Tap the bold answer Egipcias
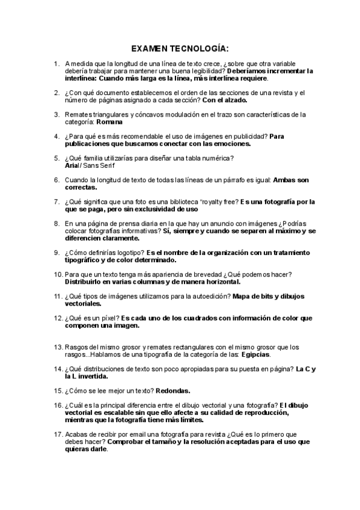click(x=250, y=354)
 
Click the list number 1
click(x=56, y=63)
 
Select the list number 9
click(x=56, y=253)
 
